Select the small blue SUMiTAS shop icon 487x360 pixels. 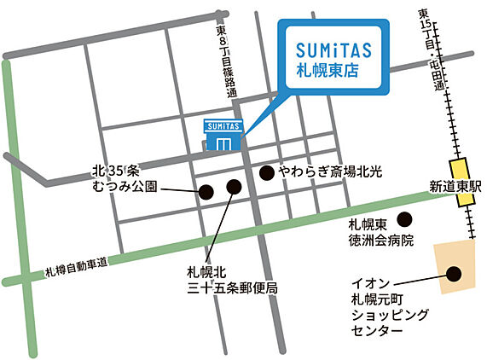[x=223, y=136]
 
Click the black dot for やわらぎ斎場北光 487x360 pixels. [x=266, y=171]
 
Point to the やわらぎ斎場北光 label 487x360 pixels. [x=325, y=172]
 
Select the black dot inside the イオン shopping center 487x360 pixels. [x=454, y=274]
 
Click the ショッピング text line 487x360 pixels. [x=386, y=313]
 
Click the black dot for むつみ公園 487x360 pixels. [x=206, y=192]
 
